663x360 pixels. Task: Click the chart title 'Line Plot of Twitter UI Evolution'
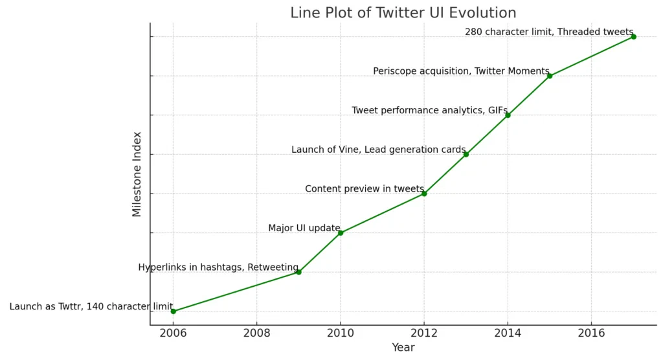(403, 12)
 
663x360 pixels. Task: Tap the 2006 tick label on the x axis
(173, 333)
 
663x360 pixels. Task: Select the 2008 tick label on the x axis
(256, 333)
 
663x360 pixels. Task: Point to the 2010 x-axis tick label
(340, 333)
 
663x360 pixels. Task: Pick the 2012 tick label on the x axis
(424, 333)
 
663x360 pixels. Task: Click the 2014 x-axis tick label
(508, 333)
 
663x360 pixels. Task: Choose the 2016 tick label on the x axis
(591, 333)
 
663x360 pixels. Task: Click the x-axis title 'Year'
(403, 348)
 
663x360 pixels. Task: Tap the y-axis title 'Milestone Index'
(137, 174)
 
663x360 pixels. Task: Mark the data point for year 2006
(173, 311)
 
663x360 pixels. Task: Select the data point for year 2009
(298, 272)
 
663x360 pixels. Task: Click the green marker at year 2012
(424, 194)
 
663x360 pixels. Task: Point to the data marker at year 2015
(550, 76)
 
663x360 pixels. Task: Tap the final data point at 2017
(633, 36)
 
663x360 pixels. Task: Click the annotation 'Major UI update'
(304, 228)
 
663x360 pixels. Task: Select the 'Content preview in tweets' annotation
(365, 189)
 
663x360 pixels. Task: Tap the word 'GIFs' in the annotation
(498, 110)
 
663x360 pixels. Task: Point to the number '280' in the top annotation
(474, 32)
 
